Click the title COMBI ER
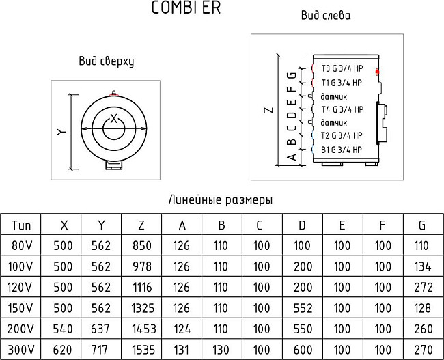[185, 9]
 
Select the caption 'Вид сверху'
[106, 61]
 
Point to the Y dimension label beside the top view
[60, 132]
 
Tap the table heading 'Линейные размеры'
[220, 200]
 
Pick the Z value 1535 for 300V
[141, 349]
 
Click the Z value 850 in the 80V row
[141, 245]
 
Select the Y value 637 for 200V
[101, 329]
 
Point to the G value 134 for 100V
[423, 266]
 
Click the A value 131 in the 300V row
[182, 349]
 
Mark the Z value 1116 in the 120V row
[141, 287]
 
